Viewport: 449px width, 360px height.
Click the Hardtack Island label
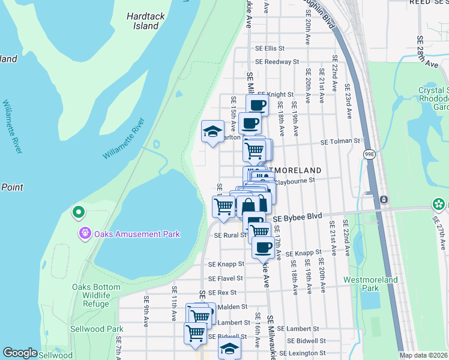coord(142,21)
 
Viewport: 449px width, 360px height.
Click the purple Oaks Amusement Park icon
coord(85,233)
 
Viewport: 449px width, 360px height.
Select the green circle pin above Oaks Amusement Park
coord(77,212)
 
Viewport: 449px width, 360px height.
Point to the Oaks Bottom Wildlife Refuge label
coord(90,295)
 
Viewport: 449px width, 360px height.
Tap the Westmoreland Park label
coord(370,284)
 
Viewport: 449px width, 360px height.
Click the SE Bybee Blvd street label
coord(298,218)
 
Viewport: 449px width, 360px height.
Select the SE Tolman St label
coord(340,142)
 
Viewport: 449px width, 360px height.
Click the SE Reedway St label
coord(277,61)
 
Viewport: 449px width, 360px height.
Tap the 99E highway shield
coord(368,154)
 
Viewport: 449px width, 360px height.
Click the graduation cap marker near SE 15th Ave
coord(212,131)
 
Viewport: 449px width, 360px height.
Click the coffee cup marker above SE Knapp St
coord(262,246)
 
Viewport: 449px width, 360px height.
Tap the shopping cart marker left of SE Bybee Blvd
coord(224,206)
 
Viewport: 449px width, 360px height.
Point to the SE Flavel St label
coord(226,278)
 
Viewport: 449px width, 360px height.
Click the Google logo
coord(20,353)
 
